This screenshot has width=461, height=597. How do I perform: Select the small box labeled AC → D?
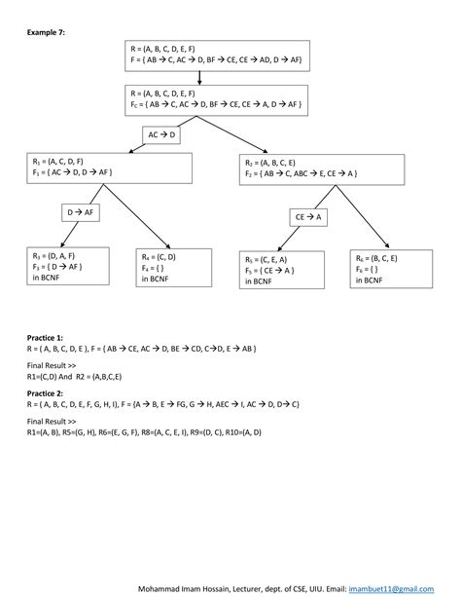160,135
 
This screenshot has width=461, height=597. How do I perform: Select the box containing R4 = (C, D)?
170,266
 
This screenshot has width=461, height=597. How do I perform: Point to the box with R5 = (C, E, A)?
280,272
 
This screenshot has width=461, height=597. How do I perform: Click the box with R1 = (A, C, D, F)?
109,167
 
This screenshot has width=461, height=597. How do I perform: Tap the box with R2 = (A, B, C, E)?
320,167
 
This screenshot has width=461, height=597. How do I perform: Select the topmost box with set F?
217,56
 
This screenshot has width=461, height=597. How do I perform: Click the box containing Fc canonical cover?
217,99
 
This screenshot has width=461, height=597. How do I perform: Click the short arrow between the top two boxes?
199,78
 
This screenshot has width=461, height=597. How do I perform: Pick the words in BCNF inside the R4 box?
155,279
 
